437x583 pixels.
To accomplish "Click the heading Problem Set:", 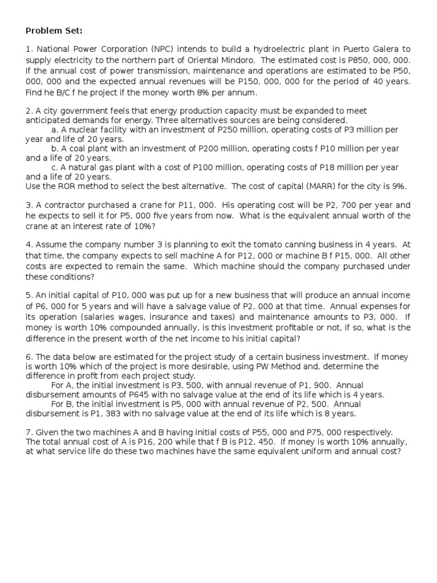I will tap(54, 30).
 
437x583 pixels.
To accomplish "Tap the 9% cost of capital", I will tap(398, 186).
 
